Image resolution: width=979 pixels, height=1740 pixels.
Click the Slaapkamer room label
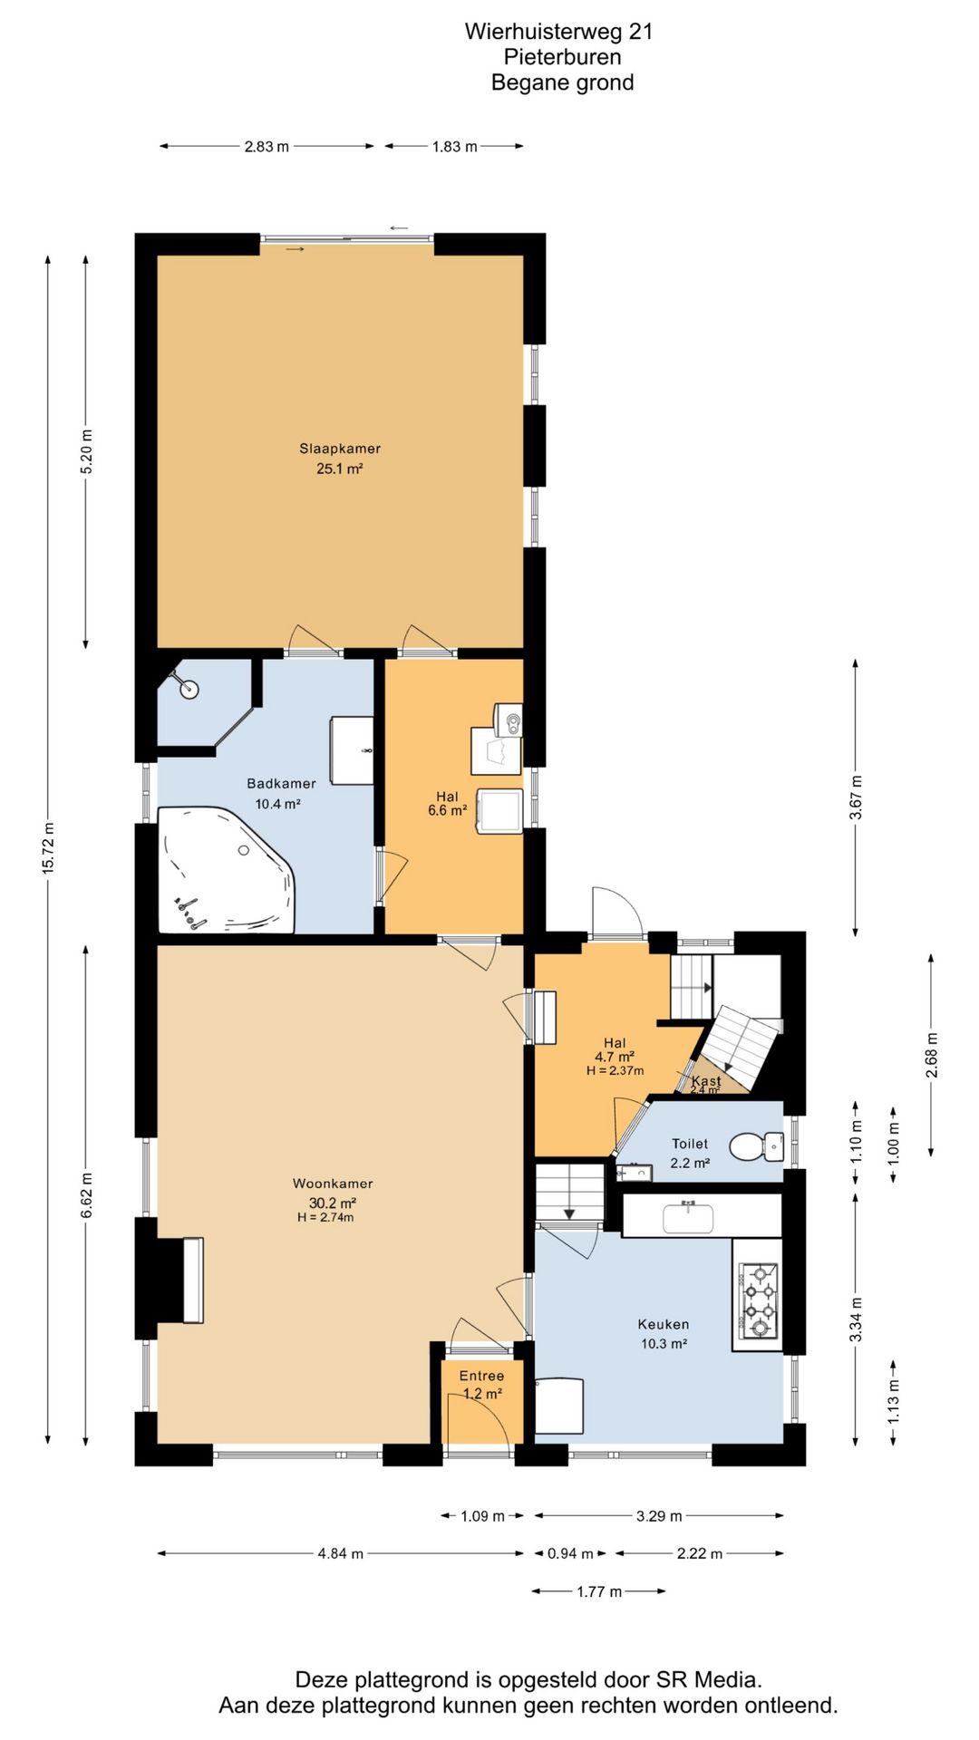tap(340, 449)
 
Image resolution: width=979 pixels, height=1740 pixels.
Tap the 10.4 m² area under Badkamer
tap(277, 804)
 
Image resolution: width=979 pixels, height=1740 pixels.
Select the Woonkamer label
tap(333, 1184)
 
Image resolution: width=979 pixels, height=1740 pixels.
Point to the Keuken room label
tap(664, 1324)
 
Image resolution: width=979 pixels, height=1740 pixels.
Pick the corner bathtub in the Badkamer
tap(226, 870)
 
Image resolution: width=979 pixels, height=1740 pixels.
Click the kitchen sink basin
tap(688, 1217)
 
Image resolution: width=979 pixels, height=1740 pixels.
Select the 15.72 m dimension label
tap(48, 848)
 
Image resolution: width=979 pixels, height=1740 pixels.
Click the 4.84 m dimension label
tap(341, 1553)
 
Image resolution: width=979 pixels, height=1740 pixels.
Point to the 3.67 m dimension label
tap(856, 798)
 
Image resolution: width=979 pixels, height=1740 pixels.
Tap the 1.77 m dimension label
tap(599, 1591)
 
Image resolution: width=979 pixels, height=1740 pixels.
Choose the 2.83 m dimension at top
tap(267, 146)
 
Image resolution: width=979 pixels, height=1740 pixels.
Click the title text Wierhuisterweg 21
tap(558, 32)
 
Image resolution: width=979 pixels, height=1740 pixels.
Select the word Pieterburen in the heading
tap(562, 57)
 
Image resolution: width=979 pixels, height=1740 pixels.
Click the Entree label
tap(481, 1376)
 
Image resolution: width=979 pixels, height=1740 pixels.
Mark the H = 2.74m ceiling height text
tap(325, 1217)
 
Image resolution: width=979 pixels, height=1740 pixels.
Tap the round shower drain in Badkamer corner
tap(189, 689)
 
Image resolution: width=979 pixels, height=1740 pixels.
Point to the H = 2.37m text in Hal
tap(615, 1070)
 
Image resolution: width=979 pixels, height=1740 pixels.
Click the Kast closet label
tap(706, 1081)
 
